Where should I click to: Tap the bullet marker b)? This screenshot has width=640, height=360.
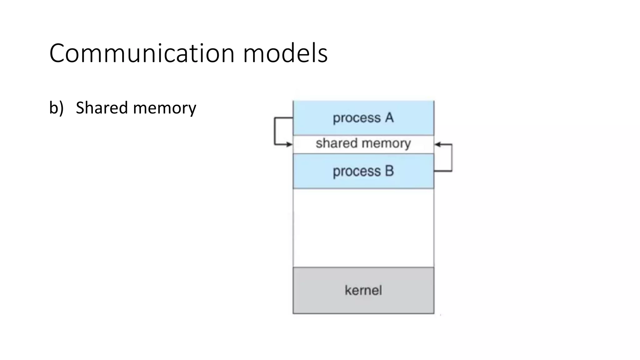pos(56,108)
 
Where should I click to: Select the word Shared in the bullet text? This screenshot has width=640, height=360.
pos(102,108)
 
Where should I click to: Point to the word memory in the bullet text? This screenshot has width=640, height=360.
pos(165,108)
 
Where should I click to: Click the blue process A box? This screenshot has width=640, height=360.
pos(363,118)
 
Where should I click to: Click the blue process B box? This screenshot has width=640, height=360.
pos(363,171)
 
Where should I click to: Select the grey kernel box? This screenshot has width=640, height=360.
pos(363,290)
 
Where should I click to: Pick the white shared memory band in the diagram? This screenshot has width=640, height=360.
pos(363,144)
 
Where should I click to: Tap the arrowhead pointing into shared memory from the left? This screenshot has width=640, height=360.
pos(289,144)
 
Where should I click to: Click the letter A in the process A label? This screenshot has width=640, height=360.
pos(389,118)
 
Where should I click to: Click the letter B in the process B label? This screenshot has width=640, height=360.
pos(389,171)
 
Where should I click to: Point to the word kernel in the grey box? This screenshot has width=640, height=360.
pos(363,290)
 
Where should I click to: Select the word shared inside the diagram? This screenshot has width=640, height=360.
pos(336,143)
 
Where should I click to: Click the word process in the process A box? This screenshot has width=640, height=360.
pos(357,118)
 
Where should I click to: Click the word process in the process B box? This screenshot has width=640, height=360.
pos(357,172)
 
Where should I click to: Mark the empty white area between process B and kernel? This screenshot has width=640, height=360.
pos(363,227)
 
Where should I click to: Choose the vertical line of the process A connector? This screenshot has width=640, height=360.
pos(275,131)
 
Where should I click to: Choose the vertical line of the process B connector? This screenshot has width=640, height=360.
pos(452,158)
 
